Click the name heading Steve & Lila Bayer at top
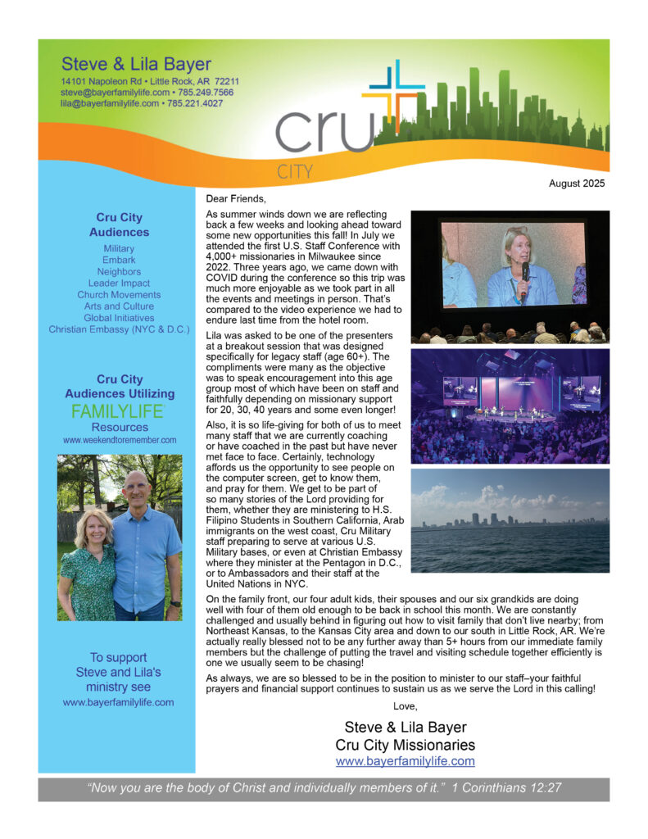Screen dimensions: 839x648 136,65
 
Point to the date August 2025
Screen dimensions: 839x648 577,184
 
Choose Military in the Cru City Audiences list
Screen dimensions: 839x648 119,248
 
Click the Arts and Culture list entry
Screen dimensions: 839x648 119,306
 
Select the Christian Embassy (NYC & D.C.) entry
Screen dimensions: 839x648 119,329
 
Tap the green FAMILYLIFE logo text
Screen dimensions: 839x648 118,411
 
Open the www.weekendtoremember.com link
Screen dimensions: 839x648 120,440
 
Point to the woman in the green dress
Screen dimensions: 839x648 88,565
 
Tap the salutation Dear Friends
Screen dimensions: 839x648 237,198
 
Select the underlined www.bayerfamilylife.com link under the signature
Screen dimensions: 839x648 405,761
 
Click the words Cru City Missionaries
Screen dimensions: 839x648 405,745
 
